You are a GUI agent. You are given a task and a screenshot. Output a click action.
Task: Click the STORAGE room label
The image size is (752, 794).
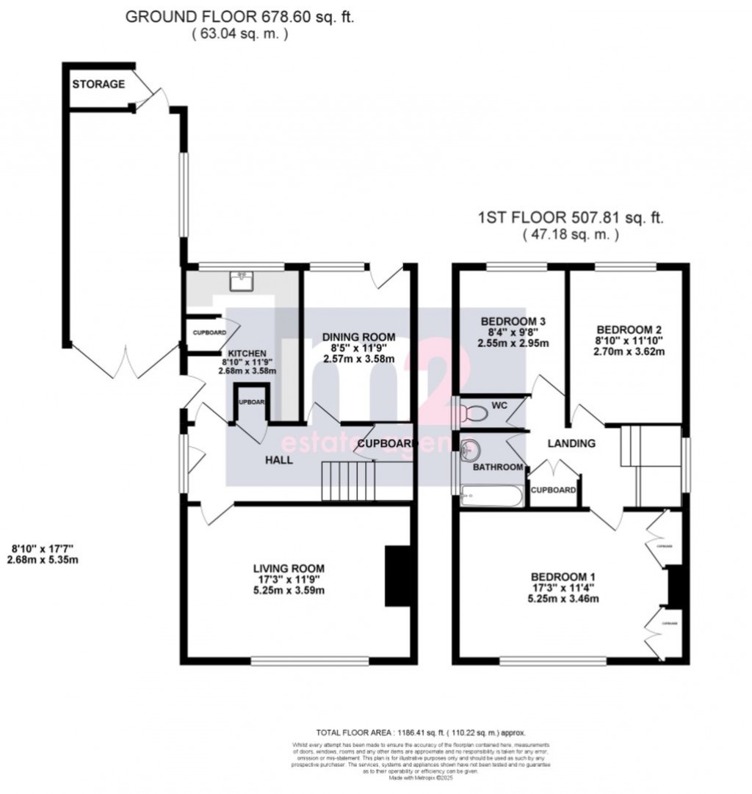98,84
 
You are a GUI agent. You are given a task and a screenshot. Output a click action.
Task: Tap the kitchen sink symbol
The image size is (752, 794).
241,281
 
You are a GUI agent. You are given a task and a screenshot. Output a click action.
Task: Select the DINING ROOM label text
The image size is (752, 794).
359,337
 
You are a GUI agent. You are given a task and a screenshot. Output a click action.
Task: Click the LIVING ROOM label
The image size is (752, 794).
289,568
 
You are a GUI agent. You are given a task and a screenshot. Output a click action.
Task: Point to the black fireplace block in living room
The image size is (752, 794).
397,576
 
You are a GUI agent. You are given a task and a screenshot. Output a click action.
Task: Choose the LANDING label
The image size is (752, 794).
571,443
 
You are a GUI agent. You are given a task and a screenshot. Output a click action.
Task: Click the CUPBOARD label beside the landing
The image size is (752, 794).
553,490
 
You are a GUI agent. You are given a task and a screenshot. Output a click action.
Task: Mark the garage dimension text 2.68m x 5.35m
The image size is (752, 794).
45,560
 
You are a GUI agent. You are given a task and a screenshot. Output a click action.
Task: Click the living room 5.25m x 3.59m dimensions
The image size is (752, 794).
289,590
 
